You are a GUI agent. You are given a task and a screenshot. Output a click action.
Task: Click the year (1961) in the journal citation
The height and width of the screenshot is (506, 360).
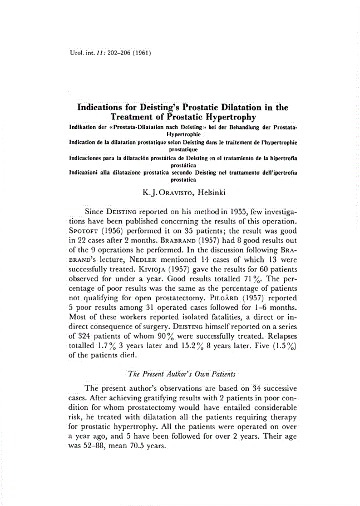click(141, 53)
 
